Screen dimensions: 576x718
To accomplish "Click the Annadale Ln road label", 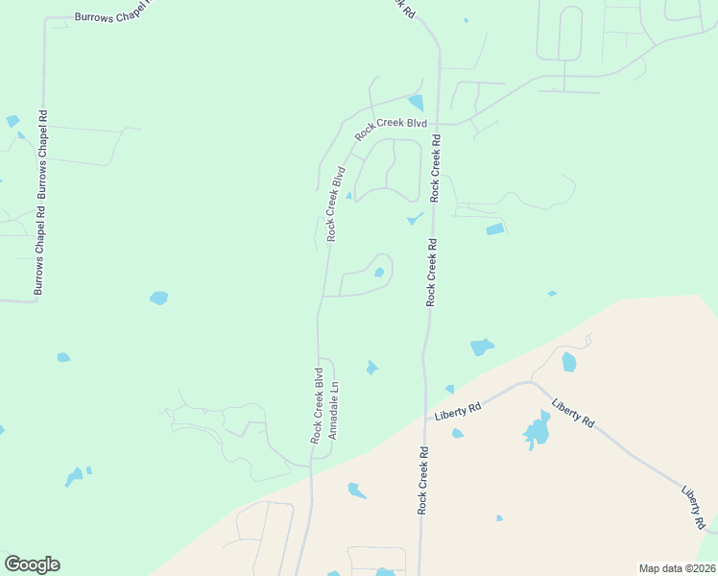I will [334, 412].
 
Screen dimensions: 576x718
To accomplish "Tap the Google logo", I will [32, 564].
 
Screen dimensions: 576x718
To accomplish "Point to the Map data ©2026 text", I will [677, 567].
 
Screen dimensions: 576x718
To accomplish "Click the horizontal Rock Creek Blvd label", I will [390, 130].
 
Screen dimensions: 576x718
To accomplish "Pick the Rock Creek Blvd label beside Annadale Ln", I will [316, 404].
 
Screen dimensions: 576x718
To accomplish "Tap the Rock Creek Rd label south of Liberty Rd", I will [421, 480].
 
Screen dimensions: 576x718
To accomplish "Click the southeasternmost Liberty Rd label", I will [694, 508].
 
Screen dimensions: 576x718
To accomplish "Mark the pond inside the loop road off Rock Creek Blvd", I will [379, 273].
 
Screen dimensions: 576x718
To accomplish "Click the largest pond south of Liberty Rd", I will [536, 432].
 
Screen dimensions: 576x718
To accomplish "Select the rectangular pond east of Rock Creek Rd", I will [494, 229].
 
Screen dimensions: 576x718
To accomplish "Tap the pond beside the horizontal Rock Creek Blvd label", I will [416, 102].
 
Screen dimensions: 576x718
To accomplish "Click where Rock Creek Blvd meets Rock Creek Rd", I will [438, 124].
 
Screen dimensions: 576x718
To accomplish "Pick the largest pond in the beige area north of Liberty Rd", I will [568, 362].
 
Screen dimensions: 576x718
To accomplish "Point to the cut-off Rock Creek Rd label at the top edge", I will [404, 8].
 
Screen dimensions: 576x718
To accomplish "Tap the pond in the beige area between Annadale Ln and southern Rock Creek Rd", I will [356, 491].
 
